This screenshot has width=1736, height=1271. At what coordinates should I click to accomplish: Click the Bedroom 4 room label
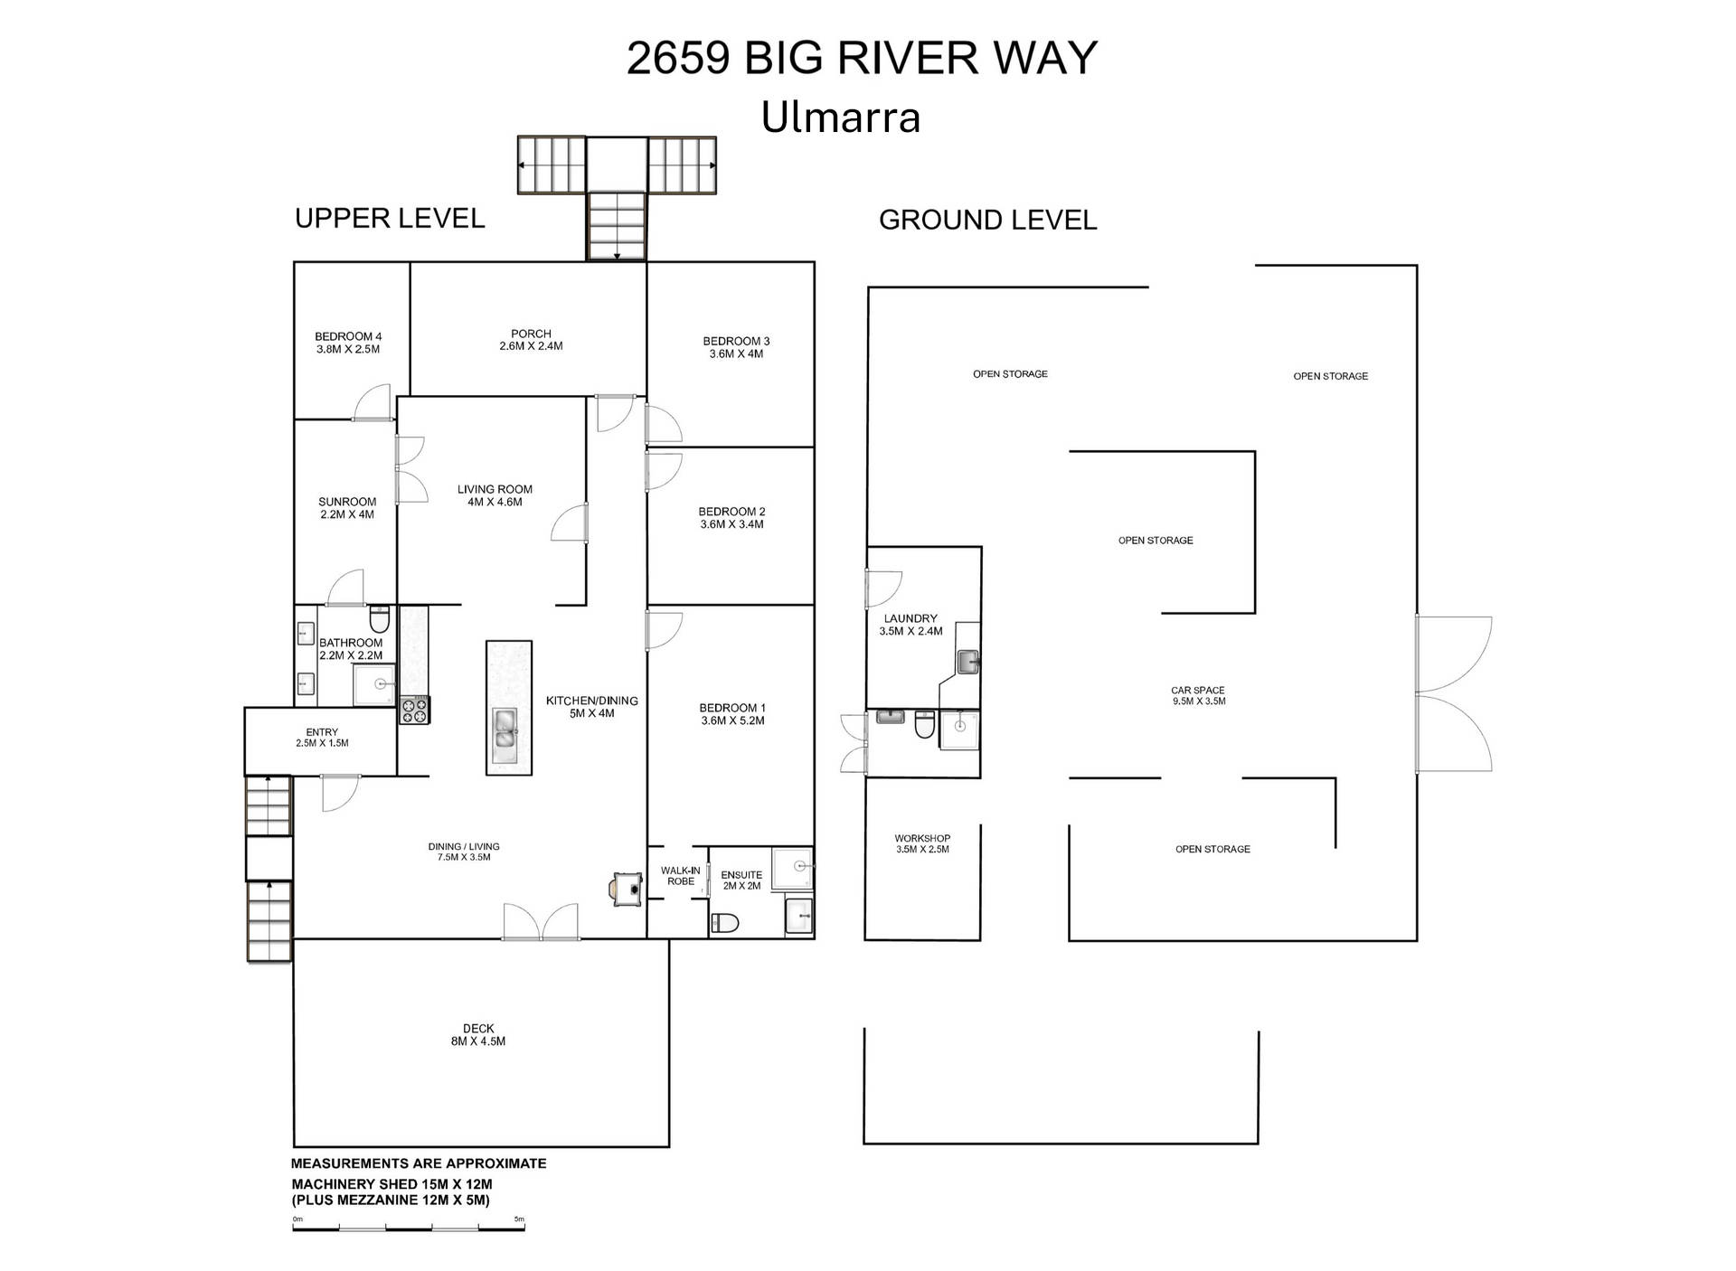tap(348, 343)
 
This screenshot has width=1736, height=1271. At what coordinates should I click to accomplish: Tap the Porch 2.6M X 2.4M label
tap(531, 340)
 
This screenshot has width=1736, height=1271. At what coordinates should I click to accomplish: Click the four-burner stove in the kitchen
tap(415, 710)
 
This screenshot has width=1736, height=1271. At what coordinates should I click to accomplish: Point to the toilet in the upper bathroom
tap(380, 620)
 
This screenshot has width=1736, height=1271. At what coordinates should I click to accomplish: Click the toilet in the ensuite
tap(725, 923)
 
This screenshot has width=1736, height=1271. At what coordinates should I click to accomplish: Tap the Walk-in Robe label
tap(680, 876)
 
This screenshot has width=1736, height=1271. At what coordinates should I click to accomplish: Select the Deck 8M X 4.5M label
tap(478, 1035)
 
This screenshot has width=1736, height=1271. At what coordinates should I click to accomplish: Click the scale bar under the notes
tap(409, 1228)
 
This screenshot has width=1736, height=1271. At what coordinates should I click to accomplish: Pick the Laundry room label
tap(910, 625)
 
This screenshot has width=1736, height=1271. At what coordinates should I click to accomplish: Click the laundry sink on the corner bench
tap(968, 662)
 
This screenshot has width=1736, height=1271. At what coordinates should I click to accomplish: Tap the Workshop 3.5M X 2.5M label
tap(922, 843)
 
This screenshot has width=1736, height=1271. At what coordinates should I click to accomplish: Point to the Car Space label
tap(1198, 695)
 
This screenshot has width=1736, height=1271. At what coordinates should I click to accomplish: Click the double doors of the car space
tap(1453, 694)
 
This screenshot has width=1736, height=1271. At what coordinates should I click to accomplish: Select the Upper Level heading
tap(390, 218)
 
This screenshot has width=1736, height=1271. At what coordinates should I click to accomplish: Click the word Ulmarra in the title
tap(841, 118)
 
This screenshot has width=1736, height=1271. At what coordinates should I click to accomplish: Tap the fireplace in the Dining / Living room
tap(627, 888)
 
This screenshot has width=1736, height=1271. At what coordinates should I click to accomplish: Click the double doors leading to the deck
tap(541, 922)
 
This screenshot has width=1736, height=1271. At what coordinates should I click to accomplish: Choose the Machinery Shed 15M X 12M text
tap(392, 1184)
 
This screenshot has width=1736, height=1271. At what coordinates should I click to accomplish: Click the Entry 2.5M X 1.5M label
tap(322, 738)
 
